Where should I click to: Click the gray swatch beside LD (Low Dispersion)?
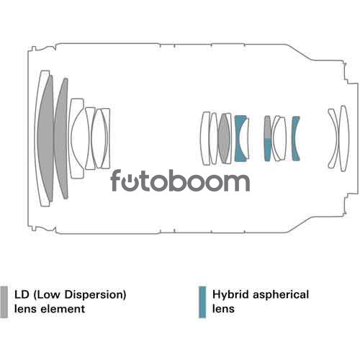4,302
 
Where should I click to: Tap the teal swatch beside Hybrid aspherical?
202,302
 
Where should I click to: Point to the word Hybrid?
230,294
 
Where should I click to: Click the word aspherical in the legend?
281,294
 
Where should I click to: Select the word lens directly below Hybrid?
223,309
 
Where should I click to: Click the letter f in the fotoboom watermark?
116,180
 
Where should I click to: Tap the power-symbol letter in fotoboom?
131,183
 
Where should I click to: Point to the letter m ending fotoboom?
236,183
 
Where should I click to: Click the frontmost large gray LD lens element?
45,138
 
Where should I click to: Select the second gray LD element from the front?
61,138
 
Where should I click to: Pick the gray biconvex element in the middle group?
224,138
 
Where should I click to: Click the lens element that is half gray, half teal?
267,138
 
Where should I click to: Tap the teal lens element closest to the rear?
295,138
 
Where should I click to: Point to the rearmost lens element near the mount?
344,138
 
